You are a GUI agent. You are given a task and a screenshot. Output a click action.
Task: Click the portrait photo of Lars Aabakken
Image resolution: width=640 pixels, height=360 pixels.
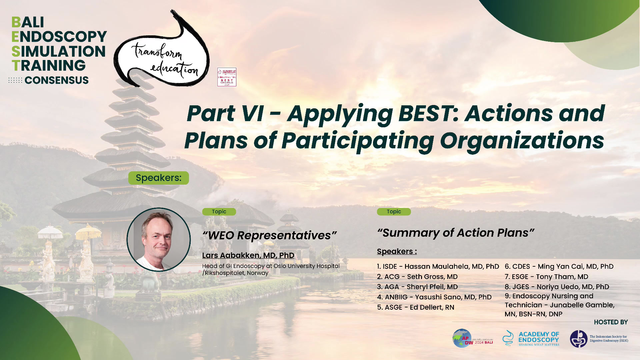coord(158,239)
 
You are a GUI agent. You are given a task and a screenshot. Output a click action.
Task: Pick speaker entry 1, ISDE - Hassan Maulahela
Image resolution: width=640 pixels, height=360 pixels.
coord(438,268)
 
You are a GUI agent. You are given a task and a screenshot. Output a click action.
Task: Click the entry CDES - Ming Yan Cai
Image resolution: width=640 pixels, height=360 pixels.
coord(559,268)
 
